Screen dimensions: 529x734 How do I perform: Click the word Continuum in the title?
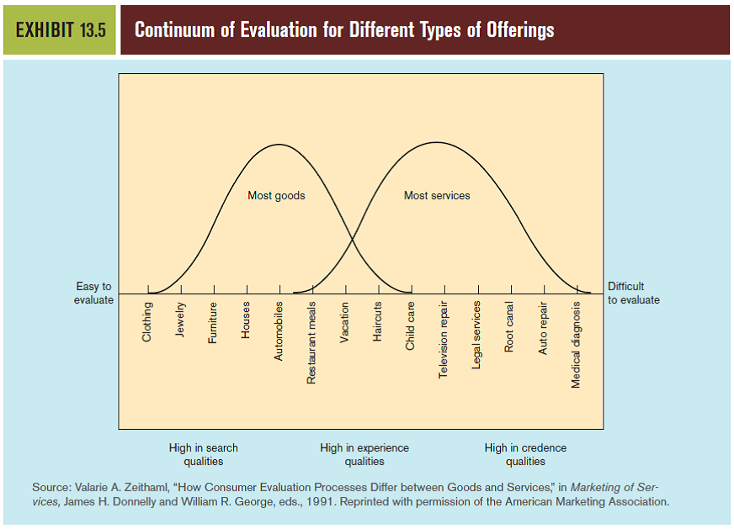173,30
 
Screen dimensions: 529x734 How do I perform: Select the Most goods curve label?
276,196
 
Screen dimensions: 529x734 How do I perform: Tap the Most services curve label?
437,196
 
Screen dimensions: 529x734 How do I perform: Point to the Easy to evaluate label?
93,294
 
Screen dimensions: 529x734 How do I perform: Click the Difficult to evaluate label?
633,294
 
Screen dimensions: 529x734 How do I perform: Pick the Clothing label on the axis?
148,321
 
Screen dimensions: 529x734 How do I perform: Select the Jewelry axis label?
181,320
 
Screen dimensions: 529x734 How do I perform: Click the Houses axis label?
247,320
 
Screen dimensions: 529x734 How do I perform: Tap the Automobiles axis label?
279,331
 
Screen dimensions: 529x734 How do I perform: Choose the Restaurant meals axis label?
312,343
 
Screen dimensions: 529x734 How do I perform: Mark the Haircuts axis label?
379,321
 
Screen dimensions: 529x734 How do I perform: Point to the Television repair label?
444,339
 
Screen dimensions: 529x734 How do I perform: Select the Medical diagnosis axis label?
577,344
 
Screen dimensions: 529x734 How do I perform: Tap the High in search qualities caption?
204,454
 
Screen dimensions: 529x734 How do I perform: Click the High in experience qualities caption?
364,454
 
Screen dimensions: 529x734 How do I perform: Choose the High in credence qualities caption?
525,454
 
